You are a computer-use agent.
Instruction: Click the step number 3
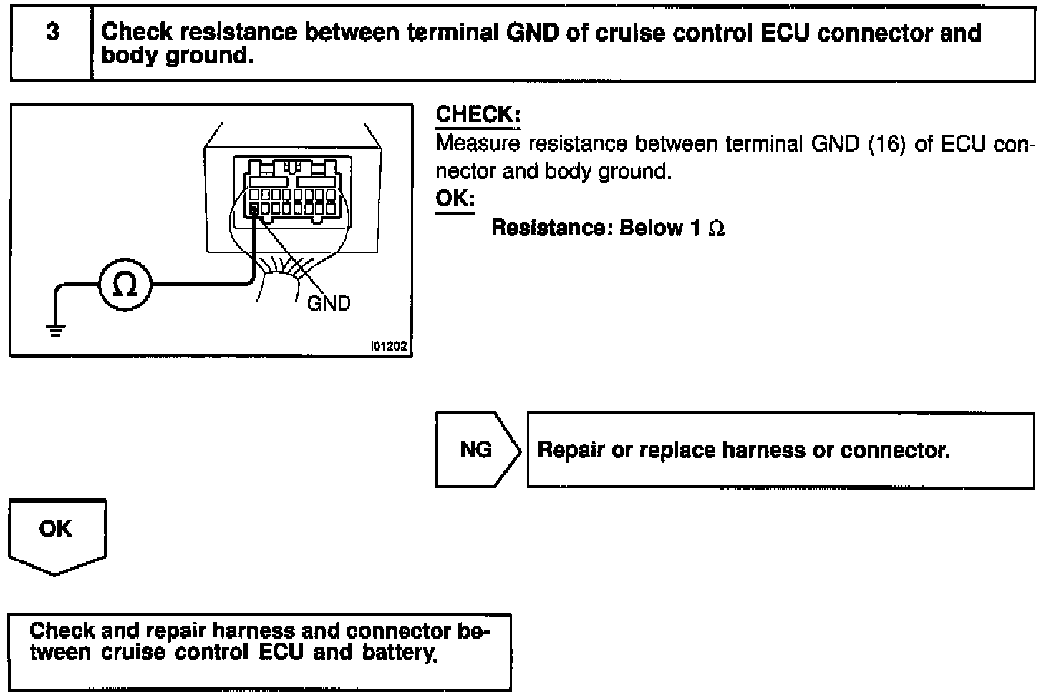pyautogui.click(x=52, y=33)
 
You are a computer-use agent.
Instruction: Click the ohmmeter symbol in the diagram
pyautogui.click(x=125, y=285)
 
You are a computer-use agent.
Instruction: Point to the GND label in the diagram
pyautogui.click(x=329, y=304)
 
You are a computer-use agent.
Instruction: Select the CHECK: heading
pyautogui.click(x=478, y=115)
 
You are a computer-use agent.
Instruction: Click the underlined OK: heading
pyautogui.click(x=455, y=198)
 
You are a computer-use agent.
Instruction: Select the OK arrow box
pyautogui.click(x=56, y=533)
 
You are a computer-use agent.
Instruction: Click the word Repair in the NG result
pyautogui.click(x=571, y=450)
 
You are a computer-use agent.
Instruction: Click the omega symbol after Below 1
pyautogui.click(x=716, y=228)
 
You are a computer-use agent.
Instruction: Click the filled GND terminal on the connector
pyautogui.click(x=255, y=209)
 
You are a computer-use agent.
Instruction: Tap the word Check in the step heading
pyautogui.click(x=137, y=33)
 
